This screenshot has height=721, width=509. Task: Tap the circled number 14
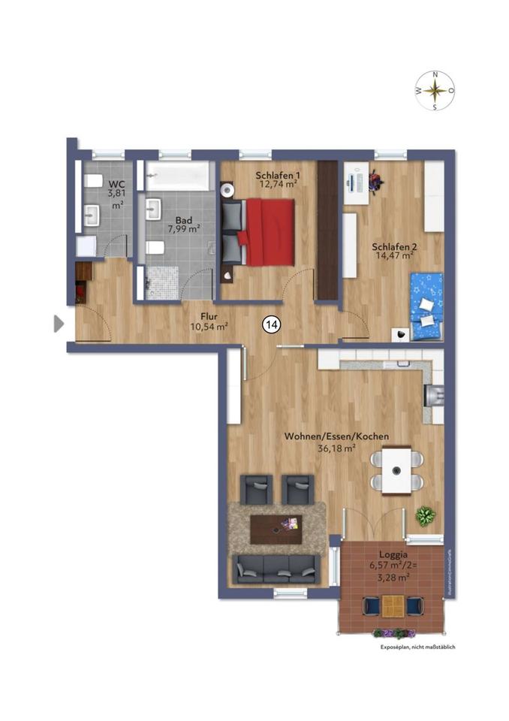(x=271, y=324)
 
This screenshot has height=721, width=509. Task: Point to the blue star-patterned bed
(x=426, y=306)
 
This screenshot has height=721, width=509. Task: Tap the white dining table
(x=396, y=470)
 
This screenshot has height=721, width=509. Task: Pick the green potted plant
(x=426, y=516)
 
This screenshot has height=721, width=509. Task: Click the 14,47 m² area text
(x=394, y=255)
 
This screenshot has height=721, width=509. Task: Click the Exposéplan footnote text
(x=417, y=647)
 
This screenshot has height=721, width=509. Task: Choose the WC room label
(x=116, y=184)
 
